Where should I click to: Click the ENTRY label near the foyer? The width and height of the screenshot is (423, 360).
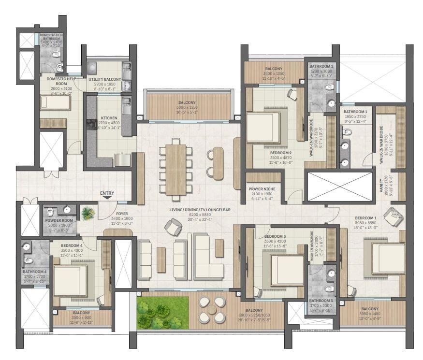pyautogui.click(x=107, y=193)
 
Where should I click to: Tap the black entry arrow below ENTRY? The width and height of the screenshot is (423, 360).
pyautogui.click(x=107, y=198)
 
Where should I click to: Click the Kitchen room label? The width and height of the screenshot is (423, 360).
pyautogui.click(x=109, y=117)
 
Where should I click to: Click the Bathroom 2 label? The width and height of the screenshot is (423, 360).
pyautogui.click(x=321, y=66)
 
